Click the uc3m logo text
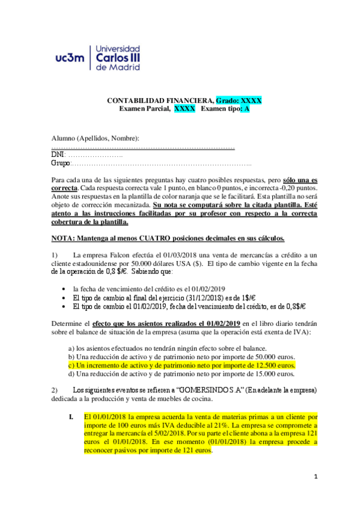point(70,58)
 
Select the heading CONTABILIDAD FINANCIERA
point(160,100)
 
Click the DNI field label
point(59,155)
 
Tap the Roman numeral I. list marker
point(72,416)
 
